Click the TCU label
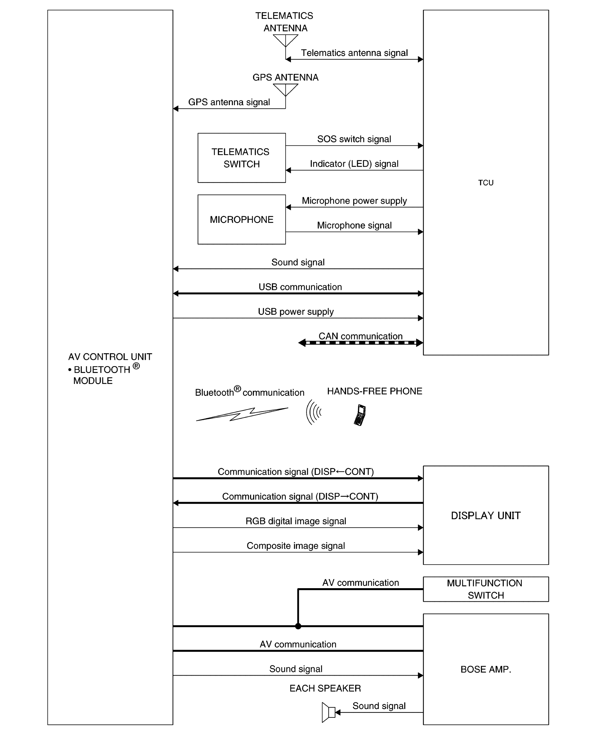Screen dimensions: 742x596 (485, 183)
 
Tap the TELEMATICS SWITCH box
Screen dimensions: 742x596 (241, 158)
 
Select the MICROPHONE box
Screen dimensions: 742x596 (241, 220)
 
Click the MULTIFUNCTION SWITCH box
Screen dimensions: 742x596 (485, 589)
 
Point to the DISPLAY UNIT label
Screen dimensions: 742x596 (485, 515)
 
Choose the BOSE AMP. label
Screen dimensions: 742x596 (485, 669)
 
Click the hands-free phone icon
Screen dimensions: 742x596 (360, 415)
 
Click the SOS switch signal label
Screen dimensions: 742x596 (354, 139)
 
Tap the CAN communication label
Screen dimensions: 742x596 (360, 336)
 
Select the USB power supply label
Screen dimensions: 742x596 (296, 312)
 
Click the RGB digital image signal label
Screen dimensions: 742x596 (296, 521)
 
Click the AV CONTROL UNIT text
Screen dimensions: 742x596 (110, 357)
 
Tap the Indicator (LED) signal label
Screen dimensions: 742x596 (354, 164)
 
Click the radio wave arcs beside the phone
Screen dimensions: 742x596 (313, 412)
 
